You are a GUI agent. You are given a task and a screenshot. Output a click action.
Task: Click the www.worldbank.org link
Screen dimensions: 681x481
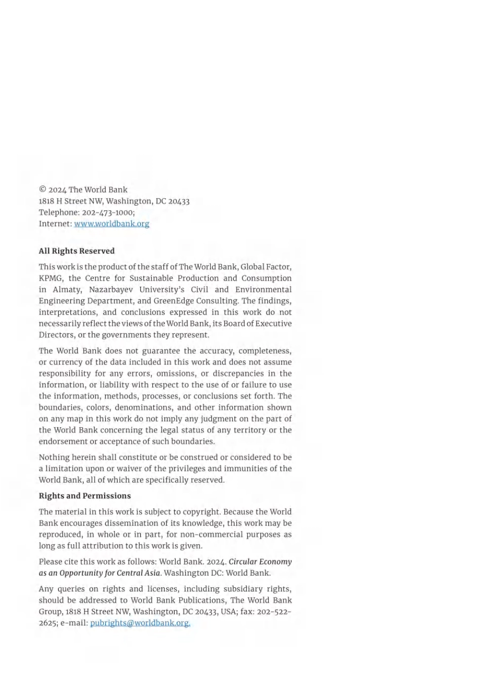coord(111,224)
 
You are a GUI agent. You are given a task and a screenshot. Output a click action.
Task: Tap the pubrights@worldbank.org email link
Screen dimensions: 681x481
coord(140,623)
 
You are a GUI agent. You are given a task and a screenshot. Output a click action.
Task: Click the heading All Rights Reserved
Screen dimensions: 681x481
coord(76,251)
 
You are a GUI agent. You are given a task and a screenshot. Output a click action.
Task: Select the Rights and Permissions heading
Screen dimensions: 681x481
coord(85,496)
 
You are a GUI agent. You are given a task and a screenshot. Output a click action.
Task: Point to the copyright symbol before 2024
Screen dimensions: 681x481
coord(43,190)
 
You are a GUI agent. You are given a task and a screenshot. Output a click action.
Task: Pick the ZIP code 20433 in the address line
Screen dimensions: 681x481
coord(179,201)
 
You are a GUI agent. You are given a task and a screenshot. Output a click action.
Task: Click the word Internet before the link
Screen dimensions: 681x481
coord(55,224)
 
